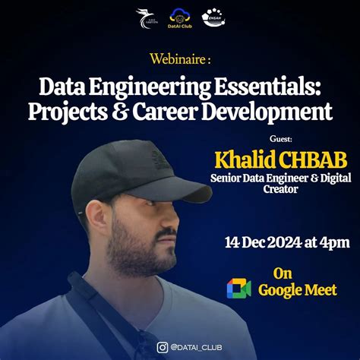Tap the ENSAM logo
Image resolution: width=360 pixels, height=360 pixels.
tap(213, 17)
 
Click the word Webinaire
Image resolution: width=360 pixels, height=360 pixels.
tap(177, 58)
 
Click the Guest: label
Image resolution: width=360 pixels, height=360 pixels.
tap(280, 139)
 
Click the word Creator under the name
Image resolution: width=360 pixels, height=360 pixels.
tap(276, 191)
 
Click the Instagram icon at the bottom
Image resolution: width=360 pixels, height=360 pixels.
tap(162, 347)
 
